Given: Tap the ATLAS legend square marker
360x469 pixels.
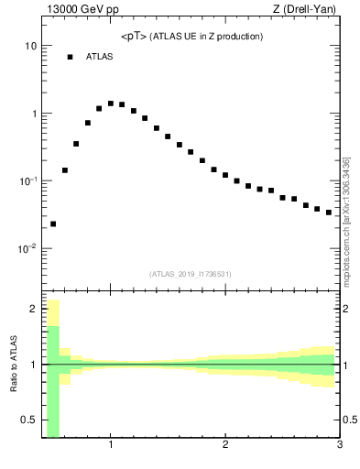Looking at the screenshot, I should (x=70, y=57).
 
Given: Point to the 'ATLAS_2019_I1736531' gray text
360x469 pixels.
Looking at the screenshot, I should (x=191, y=274).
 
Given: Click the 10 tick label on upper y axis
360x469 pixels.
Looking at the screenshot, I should (x=30, y=46).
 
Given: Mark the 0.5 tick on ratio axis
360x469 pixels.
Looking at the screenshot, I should (x=28, y=420).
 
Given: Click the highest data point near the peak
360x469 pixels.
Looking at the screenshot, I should (x=111, y=104).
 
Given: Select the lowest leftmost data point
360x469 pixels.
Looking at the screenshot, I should (x=53, y=224).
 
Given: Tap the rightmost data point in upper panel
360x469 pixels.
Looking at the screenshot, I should (x=329, y=213).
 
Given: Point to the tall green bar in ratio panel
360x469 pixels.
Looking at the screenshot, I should (x=53, y=380).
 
